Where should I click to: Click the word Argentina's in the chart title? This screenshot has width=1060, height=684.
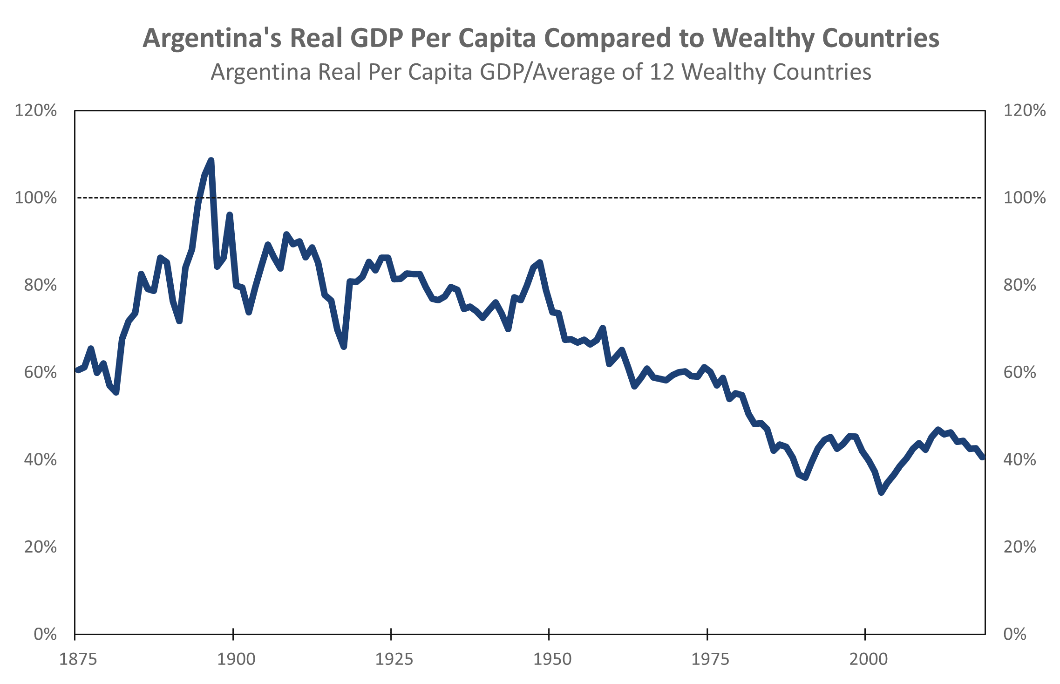point(212,38)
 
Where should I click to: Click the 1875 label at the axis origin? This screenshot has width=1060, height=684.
point(78,659)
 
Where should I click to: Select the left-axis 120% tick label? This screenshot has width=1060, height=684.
point(36,110)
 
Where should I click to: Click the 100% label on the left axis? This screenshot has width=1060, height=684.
point(36,198)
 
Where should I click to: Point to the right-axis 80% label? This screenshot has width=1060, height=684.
point(1019,285)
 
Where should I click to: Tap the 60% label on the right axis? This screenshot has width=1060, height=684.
point(1019,372)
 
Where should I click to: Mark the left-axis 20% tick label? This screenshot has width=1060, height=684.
point(41,547)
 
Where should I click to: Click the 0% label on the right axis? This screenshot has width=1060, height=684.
point(1015,634)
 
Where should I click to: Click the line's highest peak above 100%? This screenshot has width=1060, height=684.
point(211,160)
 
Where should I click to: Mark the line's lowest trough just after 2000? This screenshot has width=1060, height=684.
point(881,492)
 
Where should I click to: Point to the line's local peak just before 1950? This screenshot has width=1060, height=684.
point(540,262)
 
